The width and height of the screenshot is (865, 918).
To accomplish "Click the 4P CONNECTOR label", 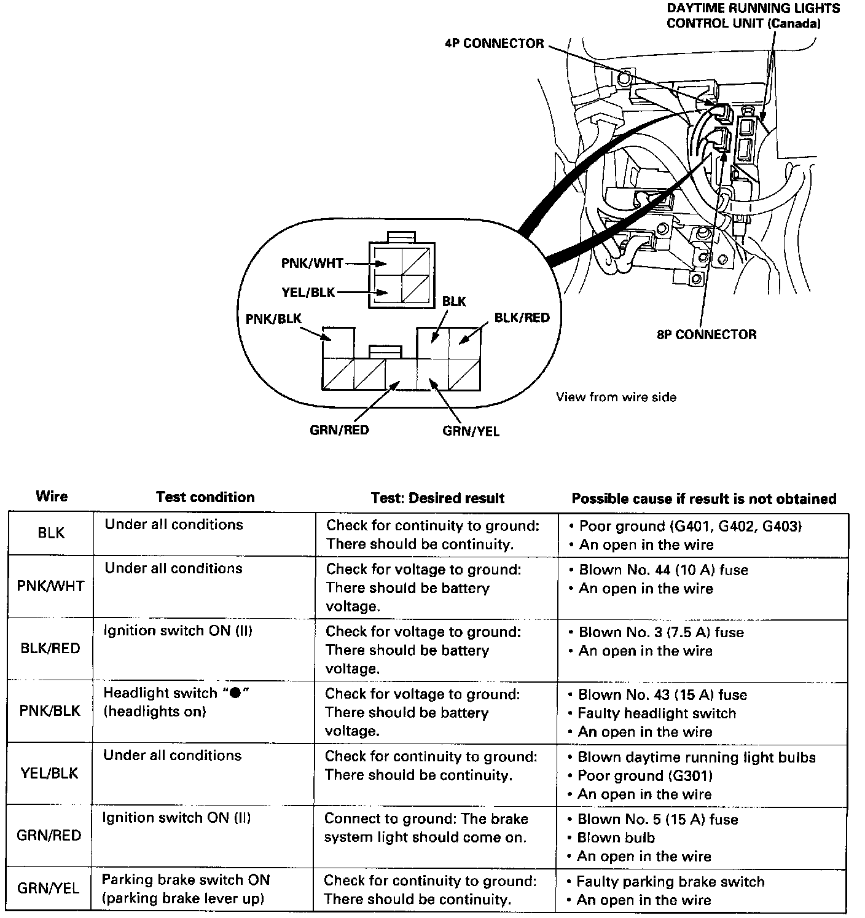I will (495, 44).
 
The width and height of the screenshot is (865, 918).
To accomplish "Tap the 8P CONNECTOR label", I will (706, 335).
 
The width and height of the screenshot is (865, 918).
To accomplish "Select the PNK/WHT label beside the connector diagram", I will (312, 264).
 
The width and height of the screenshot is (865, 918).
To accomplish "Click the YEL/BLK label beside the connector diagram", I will (308, 292).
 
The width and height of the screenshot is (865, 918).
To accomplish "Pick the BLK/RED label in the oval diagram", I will (522, 318).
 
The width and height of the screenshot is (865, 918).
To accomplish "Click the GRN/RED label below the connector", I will (339, 430).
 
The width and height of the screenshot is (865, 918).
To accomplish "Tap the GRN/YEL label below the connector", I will (471, 431).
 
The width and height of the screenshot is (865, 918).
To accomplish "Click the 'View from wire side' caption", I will (616, 398).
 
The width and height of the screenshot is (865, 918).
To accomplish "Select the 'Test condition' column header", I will (205, 497).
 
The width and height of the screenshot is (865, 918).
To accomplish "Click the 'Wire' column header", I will (52, 496).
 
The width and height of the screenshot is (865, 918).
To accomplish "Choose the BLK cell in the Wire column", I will (51, 533).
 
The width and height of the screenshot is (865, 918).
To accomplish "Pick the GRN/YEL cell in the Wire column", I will (48, 889).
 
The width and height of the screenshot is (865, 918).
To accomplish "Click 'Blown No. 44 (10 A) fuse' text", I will (663, 570).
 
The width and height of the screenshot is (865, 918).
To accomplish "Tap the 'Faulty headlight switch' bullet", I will (657, 713).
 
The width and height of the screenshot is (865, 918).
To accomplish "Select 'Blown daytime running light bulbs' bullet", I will (696, 758).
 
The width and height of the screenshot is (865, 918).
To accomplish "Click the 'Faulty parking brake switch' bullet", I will (670, 882).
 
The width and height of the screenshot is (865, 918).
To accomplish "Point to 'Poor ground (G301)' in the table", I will (645, 775).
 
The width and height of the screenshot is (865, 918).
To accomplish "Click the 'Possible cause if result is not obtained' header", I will (704, 498).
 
